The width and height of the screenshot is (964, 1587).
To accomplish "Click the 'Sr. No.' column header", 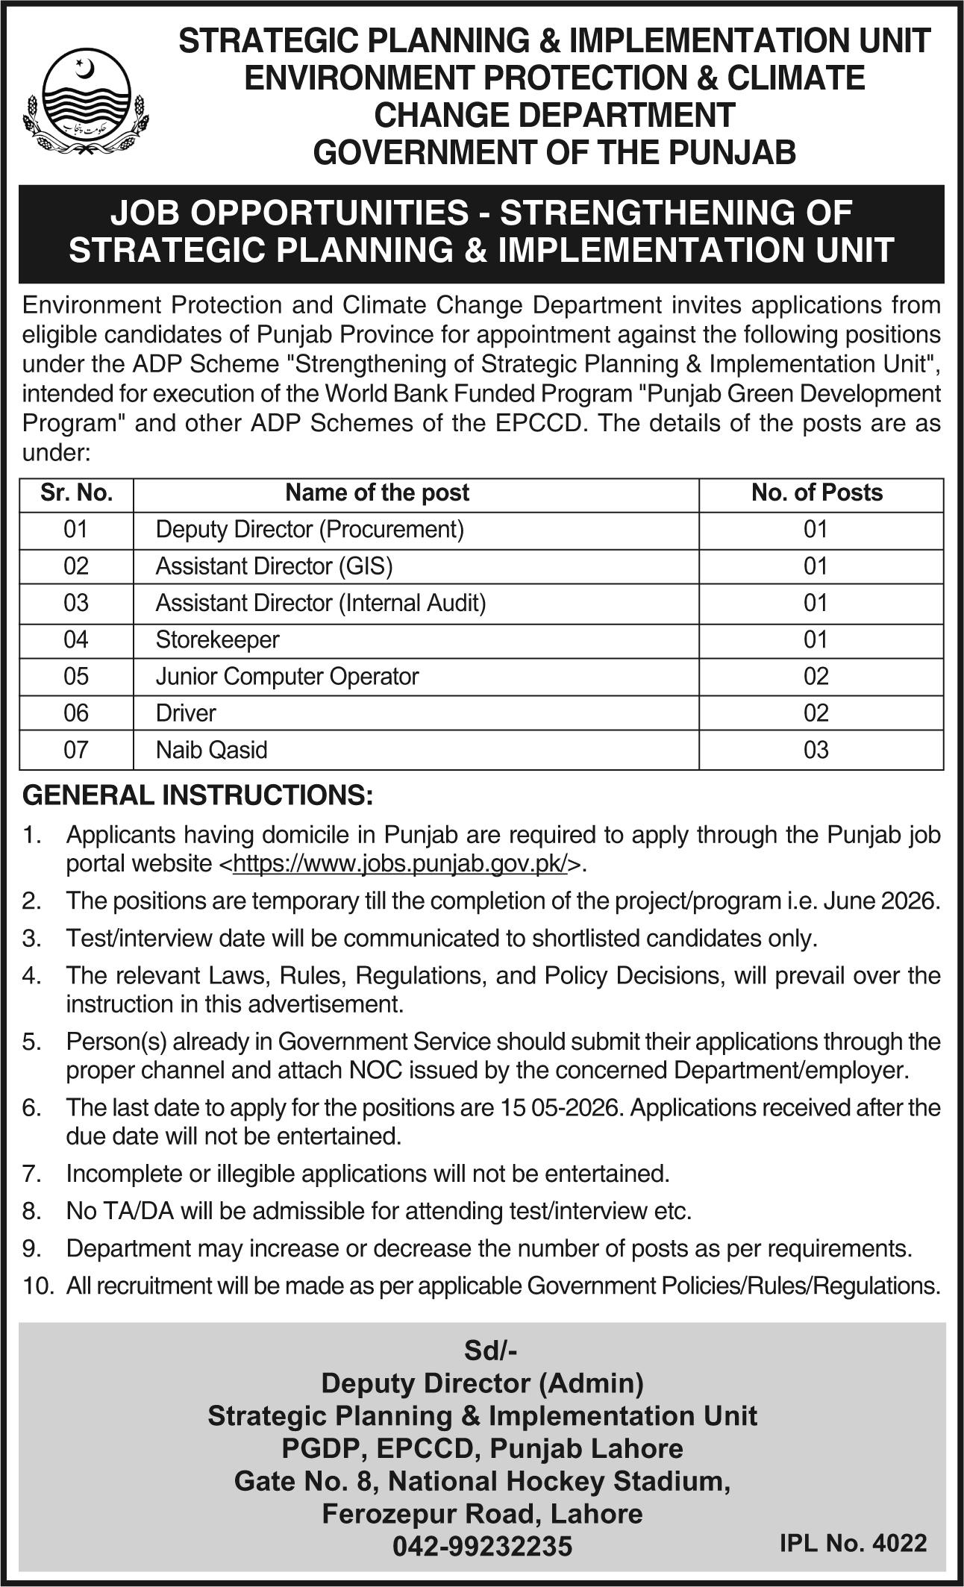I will pos(76,493).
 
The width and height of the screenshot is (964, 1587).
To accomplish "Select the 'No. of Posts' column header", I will pos(817,493).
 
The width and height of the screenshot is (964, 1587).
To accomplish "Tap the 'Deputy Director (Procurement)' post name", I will pos(310,530).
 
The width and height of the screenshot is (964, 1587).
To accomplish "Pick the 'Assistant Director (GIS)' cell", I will pos(274,566).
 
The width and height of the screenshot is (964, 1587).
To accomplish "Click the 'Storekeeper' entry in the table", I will pos(217,639).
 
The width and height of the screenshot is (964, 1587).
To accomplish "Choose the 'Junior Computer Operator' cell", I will pos(287,676).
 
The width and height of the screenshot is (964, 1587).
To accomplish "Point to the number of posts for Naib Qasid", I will pos(816,749).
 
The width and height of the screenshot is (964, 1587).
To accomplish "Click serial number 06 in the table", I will pos(76,713).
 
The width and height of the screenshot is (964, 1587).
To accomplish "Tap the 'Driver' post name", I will pos(186,713).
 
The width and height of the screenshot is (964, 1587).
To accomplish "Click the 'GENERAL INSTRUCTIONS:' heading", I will pos(198,795).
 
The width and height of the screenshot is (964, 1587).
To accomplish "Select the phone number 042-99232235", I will pos(482,1545).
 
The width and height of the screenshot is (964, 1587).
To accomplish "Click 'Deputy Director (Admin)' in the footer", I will pos(482,1383).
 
